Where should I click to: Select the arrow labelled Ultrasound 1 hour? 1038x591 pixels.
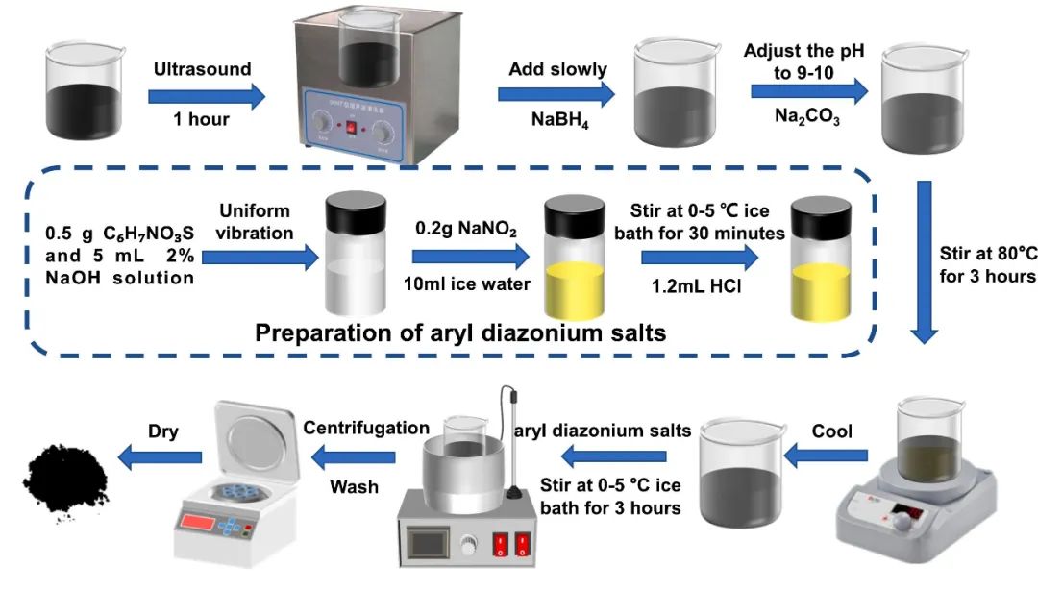(206, 95)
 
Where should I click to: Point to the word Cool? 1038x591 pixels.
(832, 431)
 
